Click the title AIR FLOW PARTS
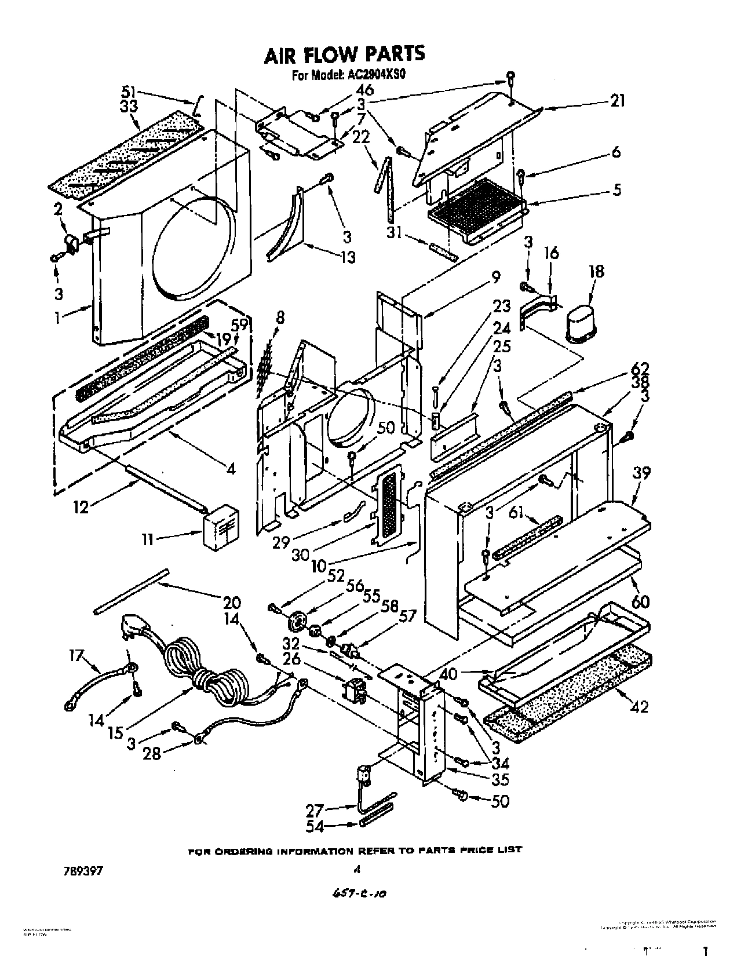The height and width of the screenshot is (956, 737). point(344,54)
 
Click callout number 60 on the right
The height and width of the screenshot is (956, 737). point(640,601)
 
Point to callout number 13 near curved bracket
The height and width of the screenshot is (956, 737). point(348,257)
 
